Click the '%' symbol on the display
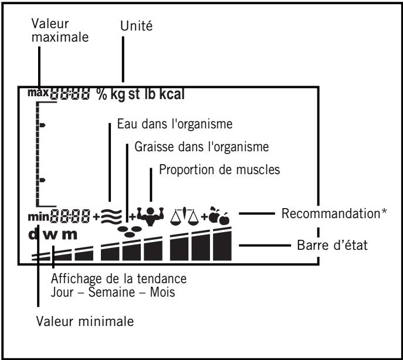click(x=101, y=94)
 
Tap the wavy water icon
click(x=110, y=215)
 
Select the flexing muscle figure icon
click(x=151, y=215)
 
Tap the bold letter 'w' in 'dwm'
click(x=52, y=235)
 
